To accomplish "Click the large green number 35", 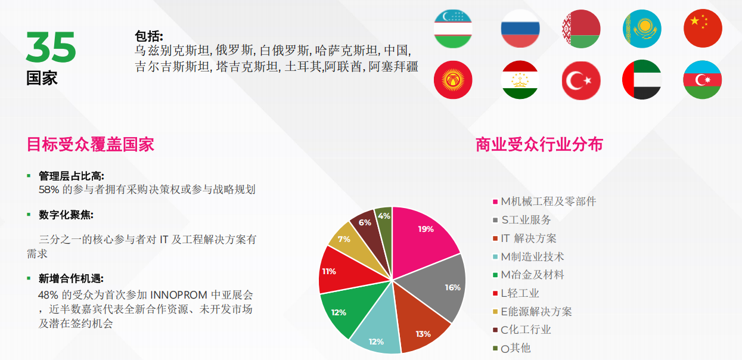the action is click(x=51, y=47).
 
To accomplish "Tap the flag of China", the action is click(x=703, y=29).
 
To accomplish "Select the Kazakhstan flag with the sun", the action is click(x=642, y=29).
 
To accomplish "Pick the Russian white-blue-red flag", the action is click(x=520, y=29).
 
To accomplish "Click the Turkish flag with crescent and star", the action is click(x=581, y=80).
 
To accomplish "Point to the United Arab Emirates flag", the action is click(x=642, y=79).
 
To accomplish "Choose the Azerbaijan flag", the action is click(x=702, y=80).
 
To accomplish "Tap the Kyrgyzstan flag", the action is click(x=453, y=80).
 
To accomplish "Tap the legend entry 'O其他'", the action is click(x=512, y=348).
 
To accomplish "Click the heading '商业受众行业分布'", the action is click(x=539, y=144).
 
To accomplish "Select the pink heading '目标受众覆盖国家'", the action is click(x=91, y=144).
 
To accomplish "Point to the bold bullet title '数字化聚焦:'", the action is click(x=66, y=215).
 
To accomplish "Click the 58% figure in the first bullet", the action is click(x=49, y=190).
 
